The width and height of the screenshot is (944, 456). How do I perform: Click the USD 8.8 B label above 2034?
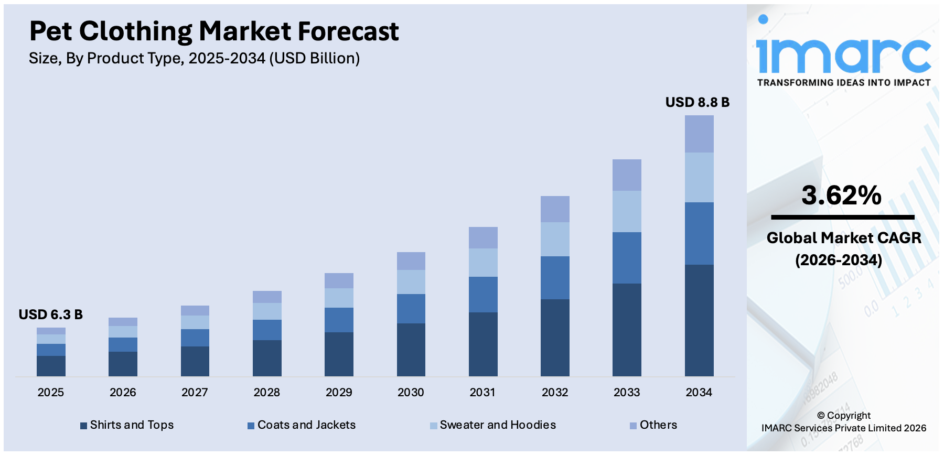tap(697, 102)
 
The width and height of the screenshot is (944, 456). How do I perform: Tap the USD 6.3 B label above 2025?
tap(50, 314)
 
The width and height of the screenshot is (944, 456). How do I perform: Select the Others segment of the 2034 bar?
tap(699, 134)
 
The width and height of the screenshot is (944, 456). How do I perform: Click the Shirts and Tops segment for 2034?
tap(699, 320)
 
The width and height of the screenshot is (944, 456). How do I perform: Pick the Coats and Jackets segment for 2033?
tap(627, 258)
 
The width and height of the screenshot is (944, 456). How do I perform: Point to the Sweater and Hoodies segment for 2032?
tap(555, 239)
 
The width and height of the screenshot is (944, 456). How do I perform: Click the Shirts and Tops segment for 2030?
tap(411, 349)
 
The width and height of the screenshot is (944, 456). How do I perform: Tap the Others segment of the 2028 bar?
tap(267, 297)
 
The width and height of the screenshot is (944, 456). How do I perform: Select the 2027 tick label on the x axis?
tap(195, 392)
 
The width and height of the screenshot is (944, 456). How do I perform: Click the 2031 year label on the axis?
tap(482, 392)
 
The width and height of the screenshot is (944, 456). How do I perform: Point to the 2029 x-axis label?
tap(339, 392)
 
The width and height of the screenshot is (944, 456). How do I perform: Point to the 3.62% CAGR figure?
tap(841, 196)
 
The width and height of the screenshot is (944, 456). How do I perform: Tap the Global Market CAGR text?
tap(843, 238)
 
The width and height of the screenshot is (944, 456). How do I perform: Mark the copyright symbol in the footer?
tap(821, 416)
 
